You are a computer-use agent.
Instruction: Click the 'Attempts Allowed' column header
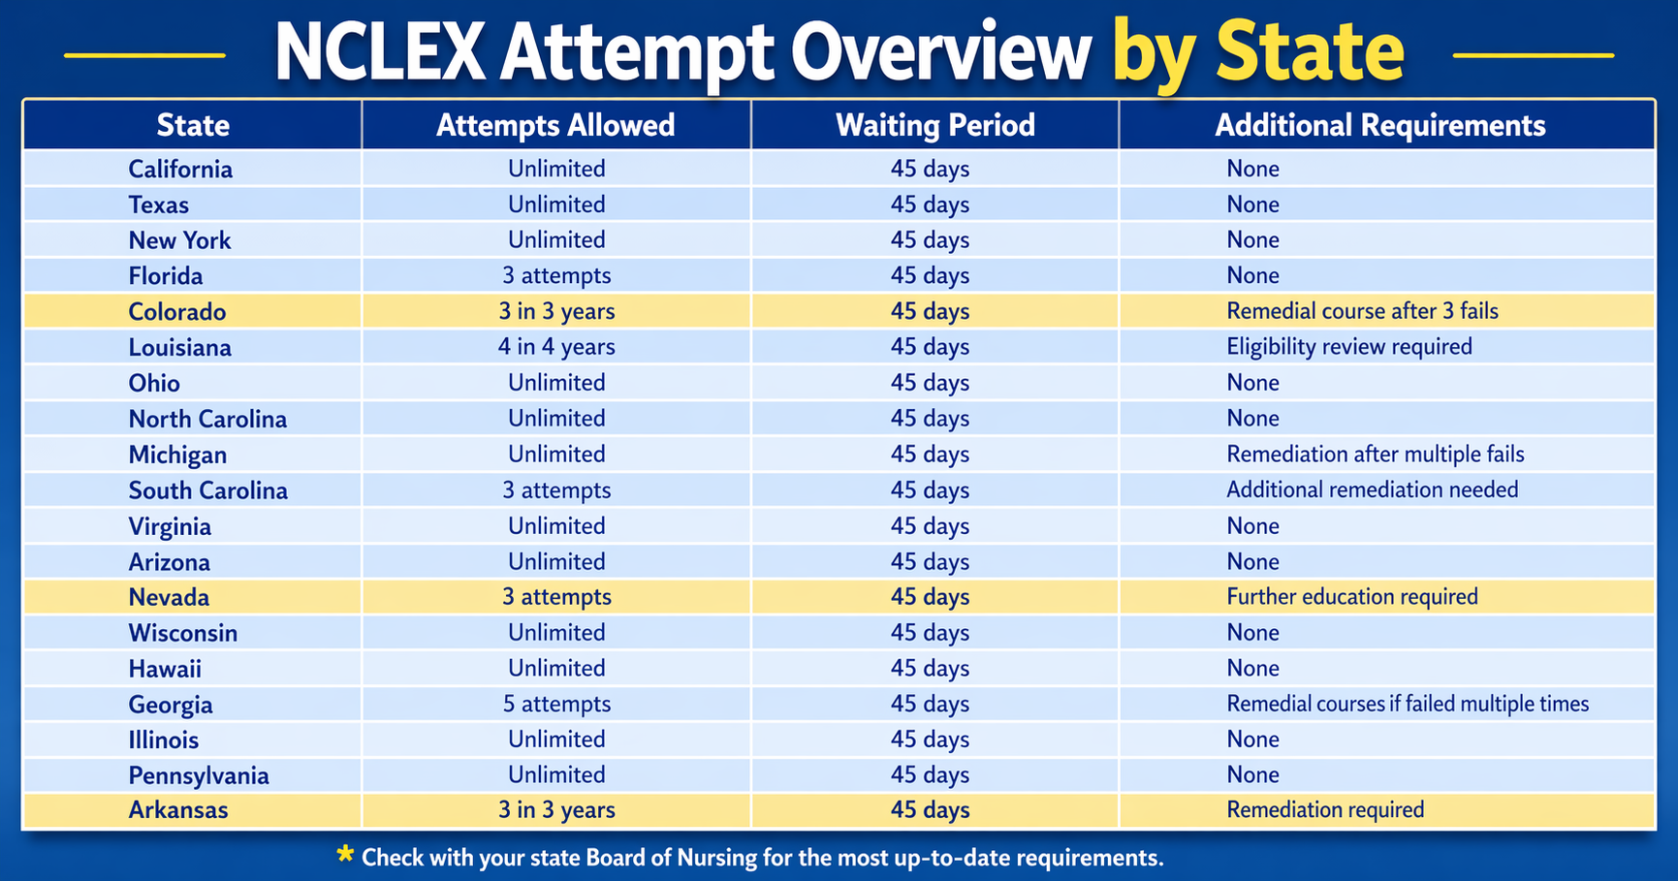point(555,125)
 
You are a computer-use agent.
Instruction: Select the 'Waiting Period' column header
point(935,125)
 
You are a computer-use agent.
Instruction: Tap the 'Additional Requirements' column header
point(1380,125)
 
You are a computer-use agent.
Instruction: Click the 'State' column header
point(193,125)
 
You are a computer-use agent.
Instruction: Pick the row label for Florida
point(166,276)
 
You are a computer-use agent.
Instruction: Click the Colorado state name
point(177,312)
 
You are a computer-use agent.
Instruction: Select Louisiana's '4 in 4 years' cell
point(556,347)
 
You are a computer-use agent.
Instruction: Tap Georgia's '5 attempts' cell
point(556,705)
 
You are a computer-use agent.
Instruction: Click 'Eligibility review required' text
point(1349,347)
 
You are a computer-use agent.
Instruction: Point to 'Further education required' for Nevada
point(1352,597)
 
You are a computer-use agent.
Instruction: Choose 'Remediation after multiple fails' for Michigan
point(1376,455)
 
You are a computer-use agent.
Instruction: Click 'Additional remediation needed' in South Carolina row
point(1373,489)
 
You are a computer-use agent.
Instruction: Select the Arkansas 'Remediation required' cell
point(1325,810)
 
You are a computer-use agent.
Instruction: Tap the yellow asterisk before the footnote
point(345,854)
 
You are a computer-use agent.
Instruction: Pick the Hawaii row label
point(165,669)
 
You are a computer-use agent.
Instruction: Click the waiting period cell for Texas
point(930,205)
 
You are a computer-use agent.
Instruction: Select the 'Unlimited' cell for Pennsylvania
point(556,775)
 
